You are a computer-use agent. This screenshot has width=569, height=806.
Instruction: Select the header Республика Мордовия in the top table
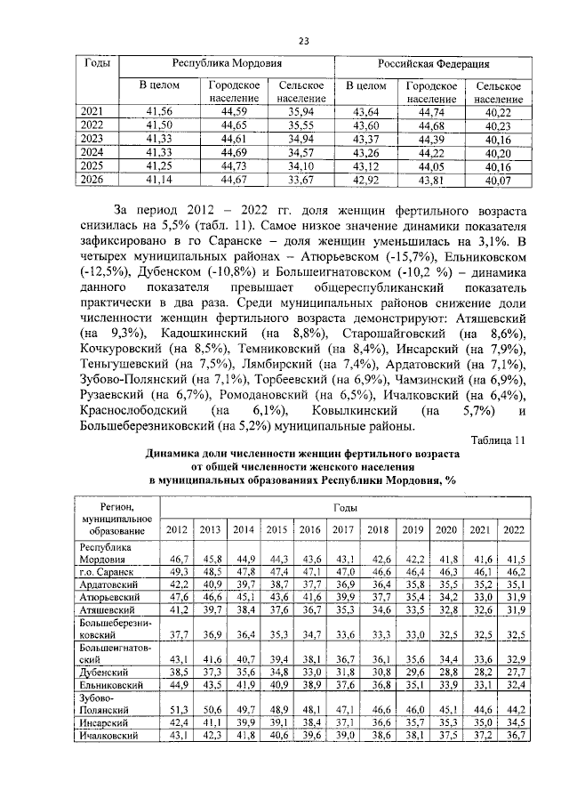click(x=227, y=65)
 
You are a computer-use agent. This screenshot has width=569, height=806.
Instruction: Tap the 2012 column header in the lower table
click(x=177, y=529)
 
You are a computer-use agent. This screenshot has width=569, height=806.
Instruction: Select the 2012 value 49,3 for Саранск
click(x=177, y=571)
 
